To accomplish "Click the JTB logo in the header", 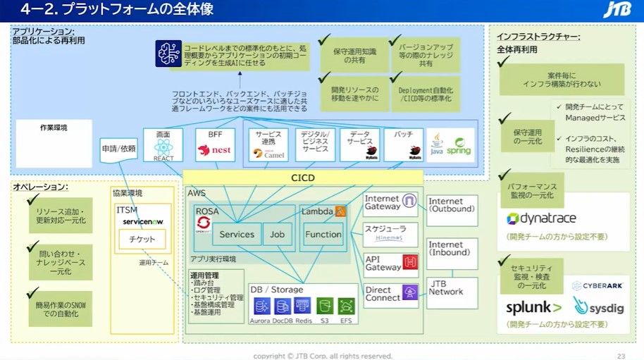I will click(619, 10).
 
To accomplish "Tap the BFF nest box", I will click(215, 145).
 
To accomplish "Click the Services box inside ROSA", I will click(237, 235).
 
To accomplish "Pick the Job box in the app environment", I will click(277, 235).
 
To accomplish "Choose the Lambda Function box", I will click(323, 235).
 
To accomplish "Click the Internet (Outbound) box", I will click(452, 206).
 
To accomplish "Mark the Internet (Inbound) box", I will click(452, 249).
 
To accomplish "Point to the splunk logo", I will click(533, 307).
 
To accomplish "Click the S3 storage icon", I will click(325, 308).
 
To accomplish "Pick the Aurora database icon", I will click(261, 308).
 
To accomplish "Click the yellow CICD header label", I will click(303, 178).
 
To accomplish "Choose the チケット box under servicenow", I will click(142, 240).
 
